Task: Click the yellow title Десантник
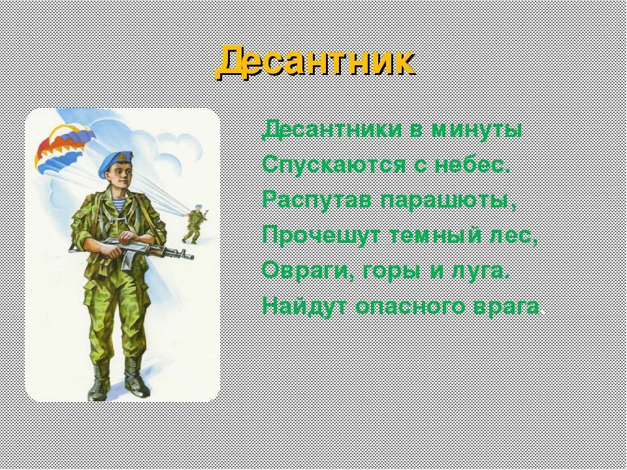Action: click(315, 62)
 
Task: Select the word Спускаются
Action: click(334, 164)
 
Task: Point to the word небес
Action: click(472, 164)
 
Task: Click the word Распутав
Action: click(317, 200)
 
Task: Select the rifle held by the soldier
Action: click(131, 250)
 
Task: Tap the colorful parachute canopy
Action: click(64, 146)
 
